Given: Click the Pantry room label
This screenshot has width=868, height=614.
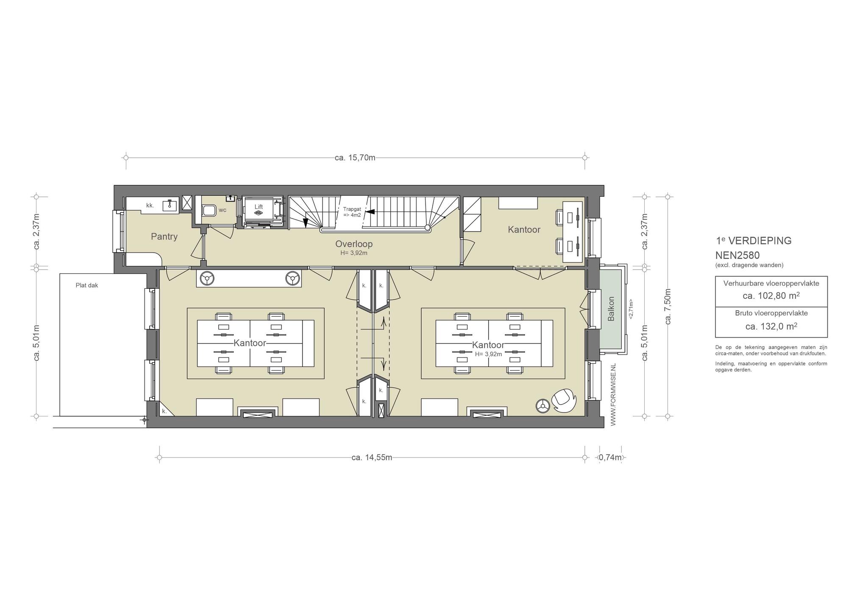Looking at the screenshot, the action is click(164, 237).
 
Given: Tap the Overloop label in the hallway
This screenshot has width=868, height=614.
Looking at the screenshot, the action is click(354, 244).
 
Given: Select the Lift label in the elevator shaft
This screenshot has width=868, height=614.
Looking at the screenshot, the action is click(259, 207).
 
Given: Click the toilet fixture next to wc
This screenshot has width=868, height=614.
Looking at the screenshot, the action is click(208, 210).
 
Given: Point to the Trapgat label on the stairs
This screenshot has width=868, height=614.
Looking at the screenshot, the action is click(352, 209).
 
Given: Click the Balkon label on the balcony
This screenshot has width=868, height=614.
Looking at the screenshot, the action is click(611, 309).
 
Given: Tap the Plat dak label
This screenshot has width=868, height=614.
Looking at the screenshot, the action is click(87, 285).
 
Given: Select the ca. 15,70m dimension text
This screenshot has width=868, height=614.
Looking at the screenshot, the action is click(355, 158).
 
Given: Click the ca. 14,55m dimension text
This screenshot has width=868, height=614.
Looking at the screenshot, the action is click(372, 458).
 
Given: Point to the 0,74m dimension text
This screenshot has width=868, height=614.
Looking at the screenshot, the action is click(610, 458).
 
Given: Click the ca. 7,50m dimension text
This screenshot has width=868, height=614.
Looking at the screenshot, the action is click(668, 307).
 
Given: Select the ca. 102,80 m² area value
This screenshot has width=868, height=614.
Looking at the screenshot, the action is click(771, 296).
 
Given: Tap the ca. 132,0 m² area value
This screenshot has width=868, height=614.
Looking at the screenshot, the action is click(771, 326).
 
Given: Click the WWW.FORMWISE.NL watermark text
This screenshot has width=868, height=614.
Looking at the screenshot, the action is click(613, 395).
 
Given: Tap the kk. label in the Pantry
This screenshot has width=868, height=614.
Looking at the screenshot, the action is click(150, 206).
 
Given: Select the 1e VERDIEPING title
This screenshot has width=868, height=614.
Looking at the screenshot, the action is click(754, 240).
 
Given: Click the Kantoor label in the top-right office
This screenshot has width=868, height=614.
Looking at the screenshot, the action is click(524, 230).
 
